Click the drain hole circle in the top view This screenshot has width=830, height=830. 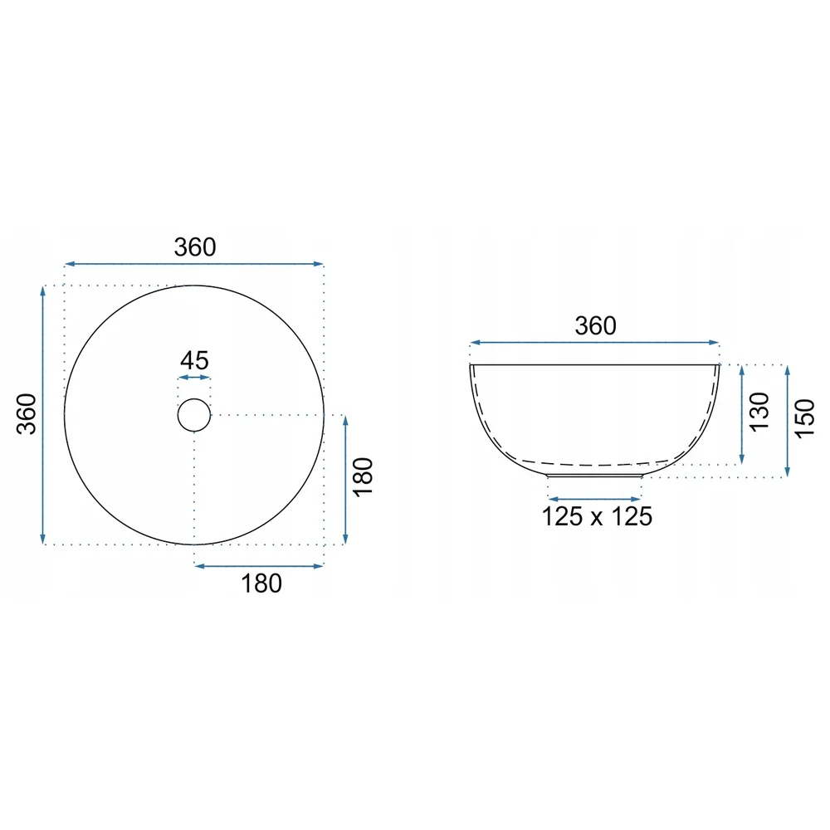(193, 398)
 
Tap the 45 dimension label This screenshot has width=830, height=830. (194, 361)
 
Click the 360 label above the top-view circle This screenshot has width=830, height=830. (195, 247)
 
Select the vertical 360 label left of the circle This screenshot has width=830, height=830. (27, 414)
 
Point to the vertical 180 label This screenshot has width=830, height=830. (364, 477)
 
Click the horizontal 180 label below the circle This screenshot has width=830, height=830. (261, 583)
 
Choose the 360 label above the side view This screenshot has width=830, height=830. (595, 326)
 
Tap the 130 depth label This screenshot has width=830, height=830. (759, 413)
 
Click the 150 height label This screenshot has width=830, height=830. (804, 418)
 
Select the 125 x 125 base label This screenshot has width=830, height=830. (597, 516)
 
